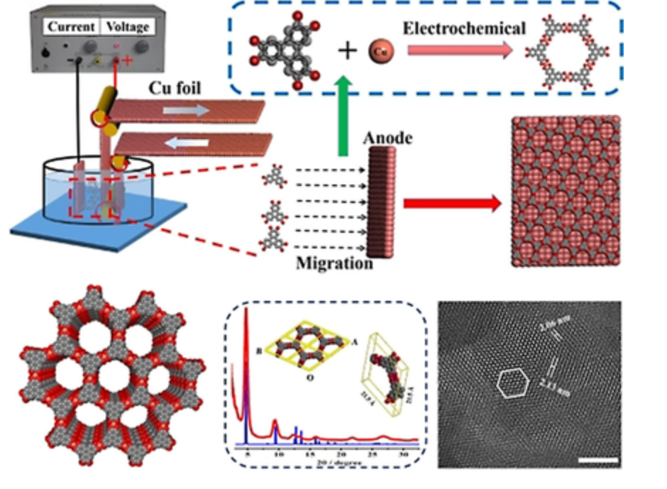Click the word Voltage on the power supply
point(128,27)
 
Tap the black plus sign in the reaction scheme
point(346,50)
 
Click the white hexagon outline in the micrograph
point(512,384)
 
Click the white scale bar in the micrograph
point(598,461)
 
